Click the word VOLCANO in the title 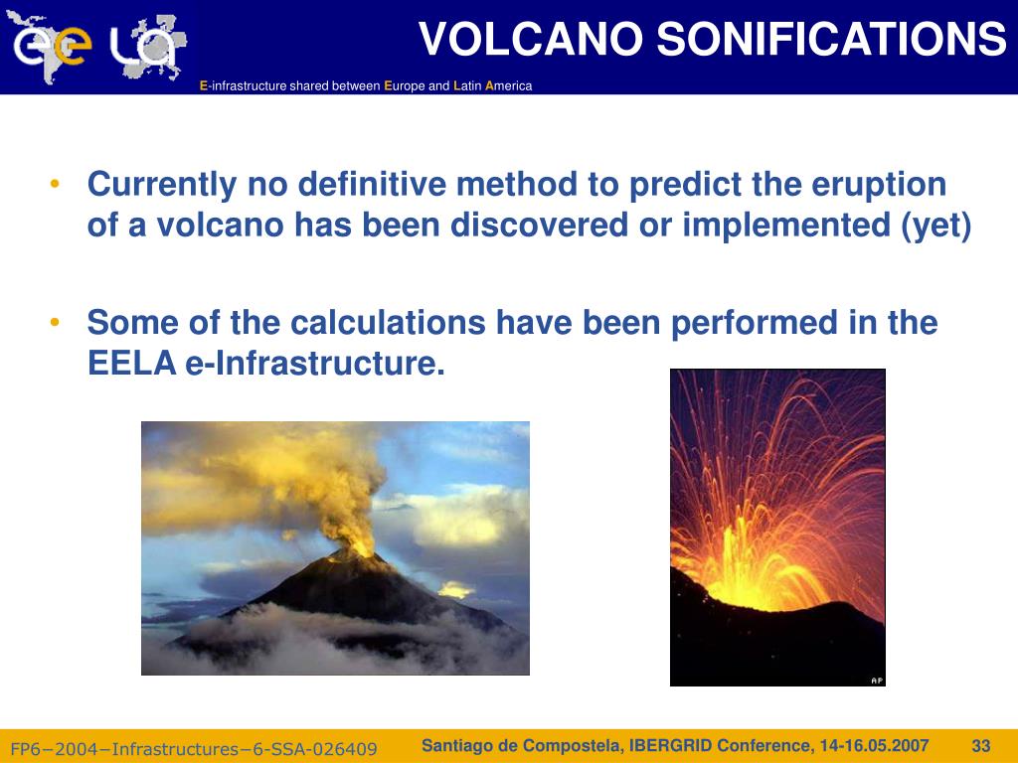click(x=531, y=39)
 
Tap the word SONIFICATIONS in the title click(x=831, y=39)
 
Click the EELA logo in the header click(x=97, y=48)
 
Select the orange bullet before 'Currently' click(x=55, y=184)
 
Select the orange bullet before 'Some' click(x=55, y=322)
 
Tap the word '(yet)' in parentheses click(x=935, y=226)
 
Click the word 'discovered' click(x=539, y=226)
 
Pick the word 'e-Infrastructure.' click(x=315, y=363)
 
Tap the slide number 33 click(x=981, y=746)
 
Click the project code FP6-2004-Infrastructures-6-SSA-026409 click(x=194, y=749)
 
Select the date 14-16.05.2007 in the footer click(x=874, y=746)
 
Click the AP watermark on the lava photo click(x=877, y=681)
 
